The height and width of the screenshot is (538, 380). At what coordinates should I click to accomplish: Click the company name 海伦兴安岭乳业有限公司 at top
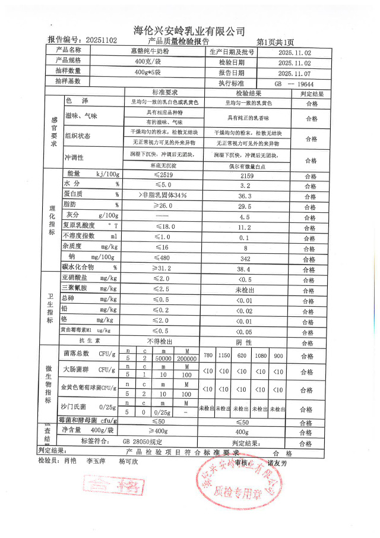[x=189, y=31]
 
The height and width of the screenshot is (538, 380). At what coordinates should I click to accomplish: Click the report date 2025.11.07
[x=294, y=73]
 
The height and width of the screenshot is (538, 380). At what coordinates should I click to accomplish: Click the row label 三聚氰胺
[x=75, y=289]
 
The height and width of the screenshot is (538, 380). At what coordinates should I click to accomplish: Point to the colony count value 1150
[x=224, y=355]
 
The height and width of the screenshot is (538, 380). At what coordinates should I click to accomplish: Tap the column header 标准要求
[x=164, y=93]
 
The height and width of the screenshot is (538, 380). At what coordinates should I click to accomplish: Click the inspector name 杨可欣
[x=128, y=461]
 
